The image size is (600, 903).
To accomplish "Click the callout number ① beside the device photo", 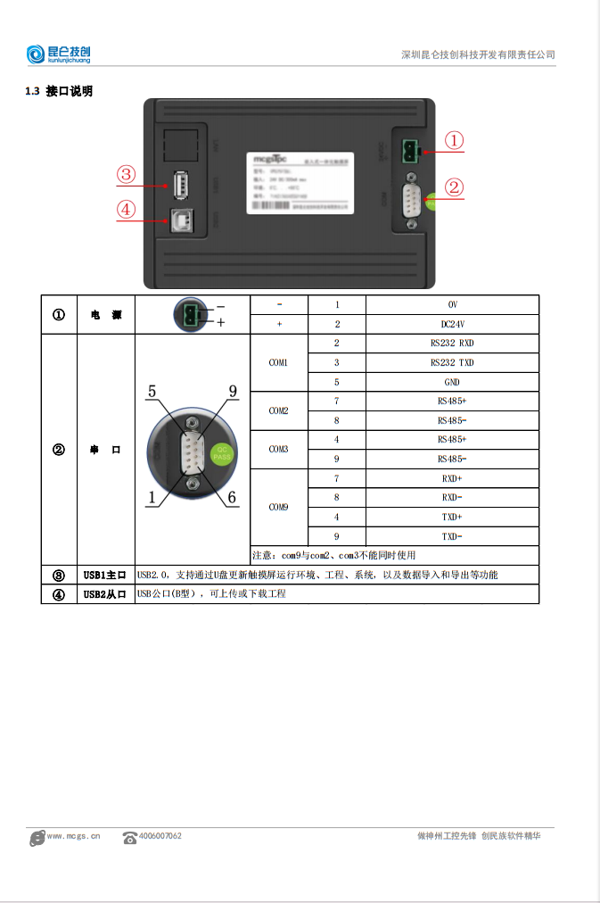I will (x=454, y=141).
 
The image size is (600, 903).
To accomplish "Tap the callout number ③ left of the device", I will (x=126, y=174).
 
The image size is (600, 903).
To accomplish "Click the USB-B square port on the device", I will (x=183, y=220).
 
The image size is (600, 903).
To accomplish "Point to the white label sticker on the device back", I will (x=300, y=182).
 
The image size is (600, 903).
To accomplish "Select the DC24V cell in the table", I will (x=452, y=324).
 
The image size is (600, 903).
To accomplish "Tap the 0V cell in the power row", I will (x=452, y=304).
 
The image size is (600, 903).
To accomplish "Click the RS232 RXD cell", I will (x=452, y=343).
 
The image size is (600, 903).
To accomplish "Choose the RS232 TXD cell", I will (x=452, y=362).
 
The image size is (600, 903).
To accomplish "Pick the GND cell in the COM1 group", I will (x=452, y=382).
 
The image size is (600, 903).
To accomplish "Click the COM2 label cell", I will (x=278, y=410).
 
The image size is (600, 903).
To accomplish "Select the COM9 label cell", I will (x=278, y=507).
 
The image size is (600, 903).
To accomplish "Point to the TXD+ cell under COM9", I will (x=452, y=517).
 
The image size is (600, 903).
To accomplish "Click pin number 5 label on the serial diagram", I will (x=152, y=392).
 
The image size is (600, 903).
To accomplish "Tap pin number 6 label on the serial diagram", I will (x=232, y=498).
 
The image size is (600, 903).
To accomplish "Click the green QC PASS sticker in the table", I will (x=221, y=452).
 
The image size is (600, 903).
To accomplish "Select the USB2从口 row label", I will (x=104, y=593).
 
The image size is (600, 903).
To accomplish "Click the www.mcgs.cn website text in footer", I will (x=73, y=836).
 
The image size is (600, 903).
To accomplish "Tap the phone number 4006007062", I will (x=160, y=836).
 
